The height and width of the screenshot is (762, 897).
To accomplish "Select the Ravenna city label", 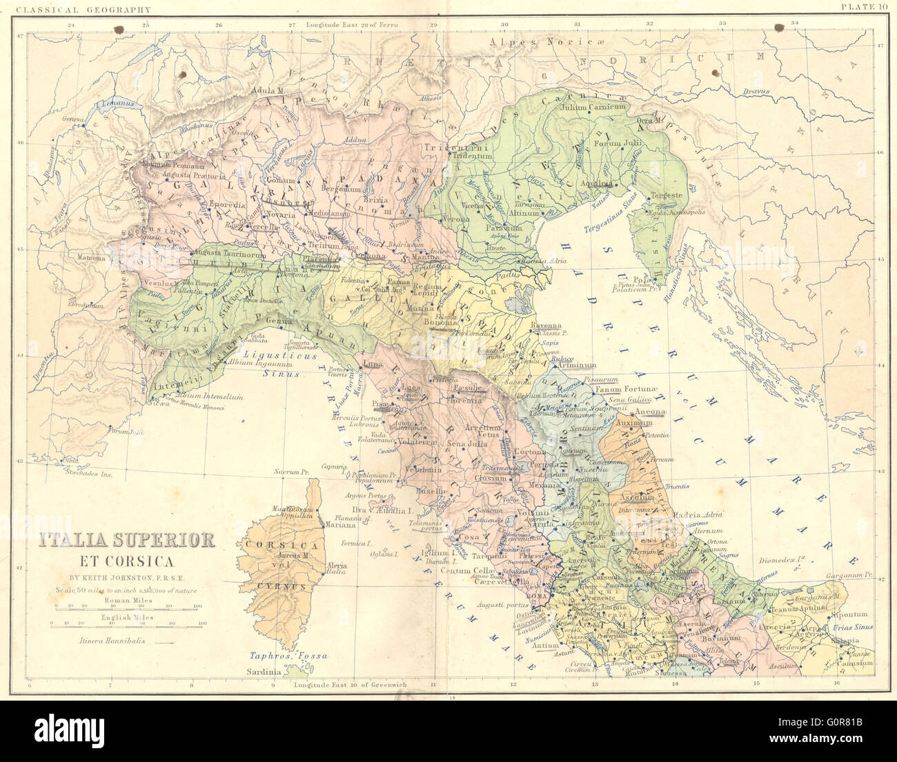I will coord(546,325).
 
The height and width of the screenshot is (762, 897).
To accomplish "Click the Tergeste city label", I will coord(667,196).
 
